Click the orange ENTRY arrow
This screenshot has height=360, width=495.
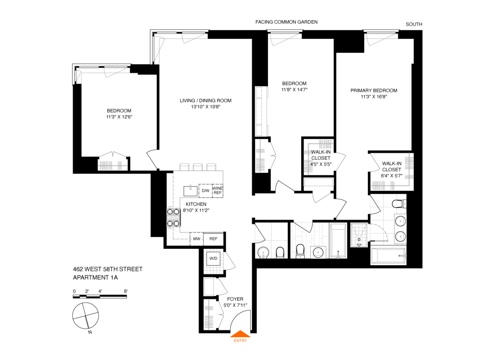pyautogui.click(x=240, y=334)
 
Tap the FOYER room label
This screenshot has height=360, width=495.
pyautogui.click(x=235, y=299)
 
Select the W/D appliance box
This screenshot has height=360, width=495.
pyautogui.click(x=213, y=258)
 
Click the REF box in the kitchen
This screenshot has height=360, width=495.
pyautogui.click(x=213, y=239)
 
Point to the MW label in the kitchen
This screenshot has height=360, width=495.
pyautogui.click(x=197, y=239)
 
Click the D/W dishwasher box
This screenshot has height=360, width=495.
pyautogui.click(x=205, y=190)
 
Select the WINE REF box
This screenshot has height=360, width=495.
pyautogui.click(x=217, y=190)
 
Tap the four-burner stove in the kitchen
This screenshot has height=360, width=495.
pyautogui.click(x=173, y=218)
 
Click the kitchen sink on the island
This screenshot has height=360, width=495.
pyautogui.click(x=190, y=190)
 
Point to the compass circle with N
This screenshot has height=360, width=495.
pyautogui.click(x=86, y=316)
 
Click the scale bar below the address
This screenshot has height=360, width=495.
pyautogui.click(x=100, y=297)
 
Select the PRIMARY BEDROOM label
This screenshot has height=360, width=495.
pyautogui.click(x=374, y=91)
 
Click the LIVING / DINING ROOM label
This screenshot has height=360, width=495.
pyautogui.click(x=206, y=101)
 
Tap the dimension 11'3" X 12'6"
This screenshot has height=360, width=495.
pyautogui.click(x=119, y=117)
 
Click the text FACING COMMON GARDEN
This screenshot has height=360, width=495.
pyautogui.click(x=286, y=22)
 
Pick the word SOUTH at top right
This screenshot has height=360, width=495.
pyautogui.click(x=414, y=24)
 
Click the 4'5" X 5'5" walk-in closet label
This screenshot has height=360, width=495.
pyautogui.click(x=321, y=164)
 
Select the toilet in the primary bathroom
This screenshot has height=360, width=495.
pyautogui.click(x=398, y=204)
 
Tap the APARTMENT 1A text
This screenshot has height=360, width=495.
pyautogui.click(x=95, y=278)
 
